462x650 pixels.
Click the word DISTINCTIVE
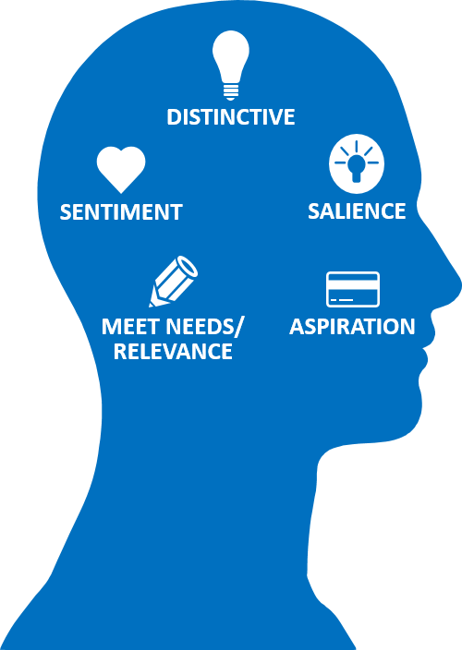(x=231, y=117)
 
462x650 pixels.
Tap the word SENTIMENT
(x=121, y=211)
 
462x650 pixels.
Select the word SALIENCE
(x=357, y=211)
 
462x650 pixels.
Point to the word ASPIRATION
(x=352, y=326)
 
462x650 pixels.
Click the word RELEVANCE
(x=173, y=351)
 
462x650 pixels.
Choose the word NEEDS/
(x=206, y=327)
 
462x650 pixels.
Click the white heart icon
(x=121, y=169)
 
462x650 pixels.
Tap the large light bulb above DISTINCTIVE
(x=231, y=65)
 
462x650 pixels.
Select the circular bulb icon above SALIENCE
(x=357, y=163)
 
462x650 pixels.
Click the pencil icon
(x=174, y=282)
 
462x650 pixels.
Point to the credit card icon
(x=353, y=289)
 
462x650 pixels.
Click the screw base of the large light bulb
(x=231, y=91)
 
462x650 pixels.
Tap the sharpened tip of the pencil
(x=152, y=305)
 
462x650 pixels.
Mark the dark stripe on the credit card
(x=353, y=283)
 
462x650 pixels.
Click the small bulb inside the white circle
(x=357, y=168)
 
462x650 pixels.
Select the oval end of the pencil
(x=187, y=266)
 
